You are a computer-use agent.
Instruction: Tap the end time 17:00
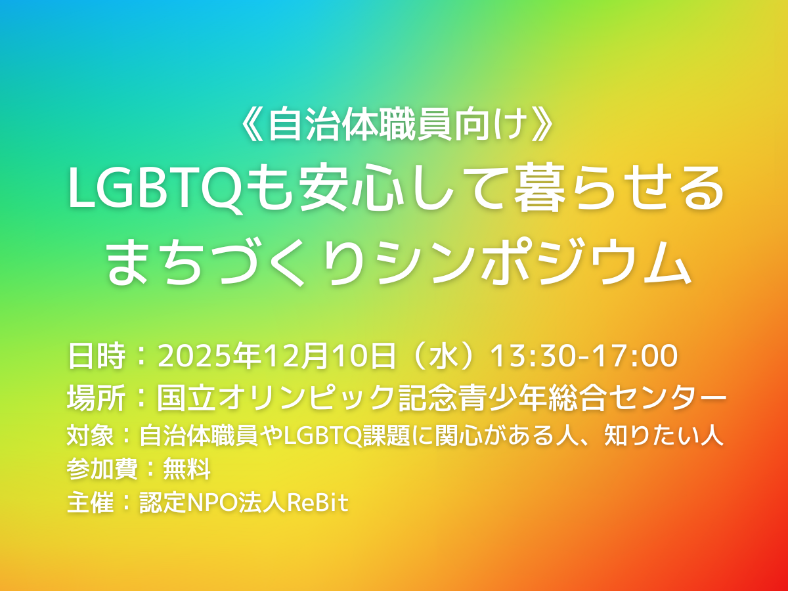tap(638, 357)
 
